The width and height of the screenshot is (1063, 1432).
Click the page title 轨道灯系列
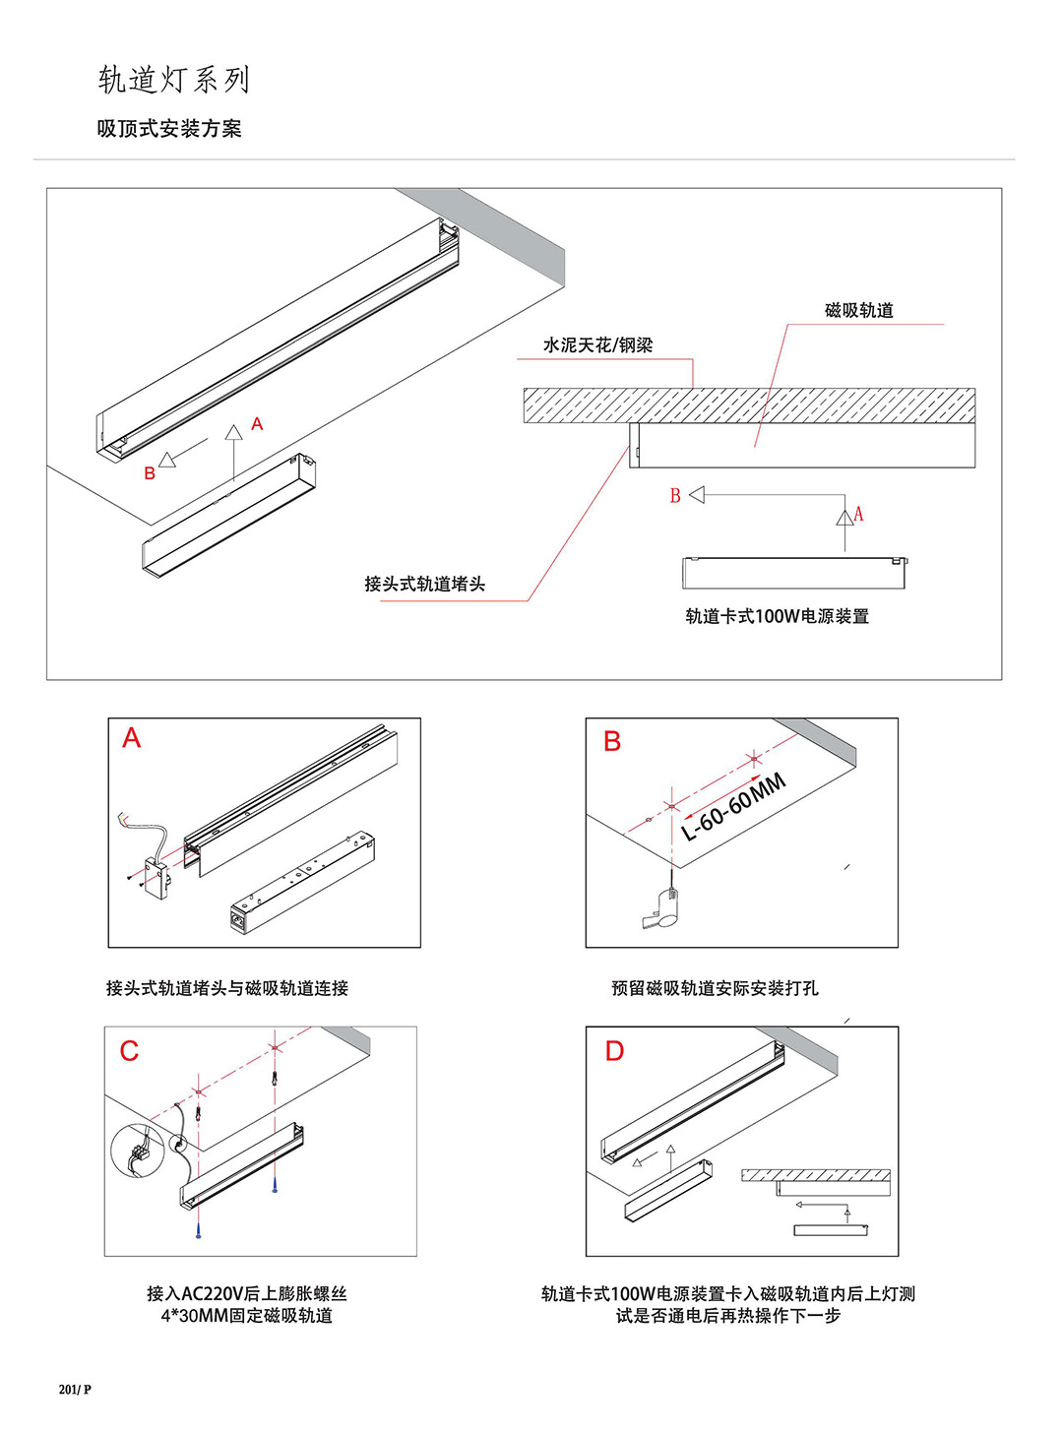point(174,80)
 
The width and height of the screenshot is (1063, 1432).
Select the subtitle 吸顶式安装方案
point(169,129)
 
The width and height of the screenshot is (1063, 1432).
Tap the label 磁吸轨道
point(858,311)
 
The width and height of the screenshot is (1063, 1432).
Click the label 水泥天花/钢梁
point(597,345)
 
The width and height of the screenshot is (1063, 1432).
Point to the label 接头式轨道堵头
point(424,585)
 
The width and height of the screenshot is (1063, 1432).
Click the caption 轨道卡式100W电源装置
point(777,617)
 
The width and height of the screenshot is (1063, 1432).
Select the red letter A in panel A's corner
point(132,738)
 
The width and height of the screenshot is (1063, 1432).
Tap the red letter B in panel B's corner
point(612,742)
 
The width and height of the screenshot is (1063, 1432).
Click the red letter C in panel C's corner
point(129,1052)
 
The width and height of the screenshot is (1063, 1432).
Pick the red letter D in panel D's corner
point(614,1052)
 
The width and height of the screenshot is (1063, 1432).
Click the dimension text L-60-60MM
point(734,808)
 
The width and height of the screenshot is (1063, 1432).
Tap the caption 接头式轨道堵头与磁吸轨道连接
point(227,988)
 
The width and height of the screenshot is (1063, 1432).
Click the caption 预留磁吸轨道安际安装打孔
point(715,988)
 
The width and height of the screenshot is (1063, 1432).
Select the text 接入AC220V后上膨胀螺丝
point(247,1294)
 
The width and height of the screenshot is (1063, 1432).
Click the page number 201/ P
point(75,1390)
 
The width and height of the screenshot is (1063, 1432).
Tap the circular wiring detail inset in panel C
point(137,1150)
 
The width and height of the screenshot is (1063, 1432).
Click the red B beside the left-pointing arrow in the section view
point(675,496)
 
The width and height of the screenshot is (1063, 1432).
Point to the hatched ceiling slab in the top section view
point(748,405)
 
